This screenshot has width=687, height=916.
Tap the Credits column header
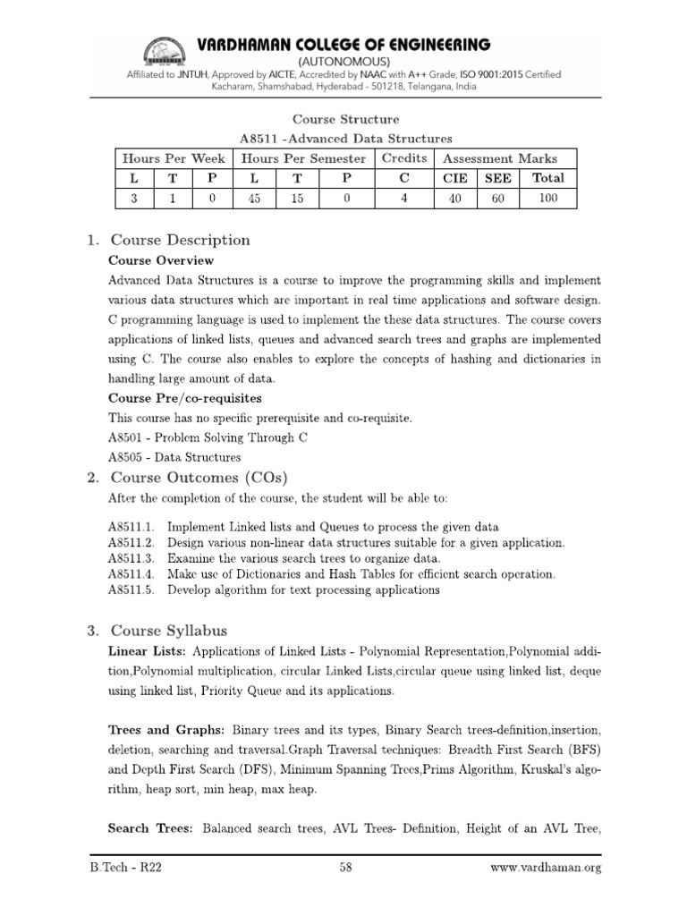tap(404, 158)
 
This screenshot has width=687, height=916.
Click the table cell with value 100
tap(548, 199)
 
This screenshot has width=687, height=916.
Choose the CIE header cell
tap(455, 178)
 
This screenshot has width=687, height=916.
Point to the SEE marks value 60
tap(499, 199)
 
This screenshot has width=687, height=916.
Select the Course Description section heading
tap(179, 240)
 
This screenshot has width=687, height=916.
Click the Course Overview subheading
tap(161, 260)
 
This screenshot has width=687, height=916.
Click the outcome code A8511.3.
tap(132, 558)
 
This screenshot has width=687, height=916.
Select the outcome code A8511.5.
tap(132, 590)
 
